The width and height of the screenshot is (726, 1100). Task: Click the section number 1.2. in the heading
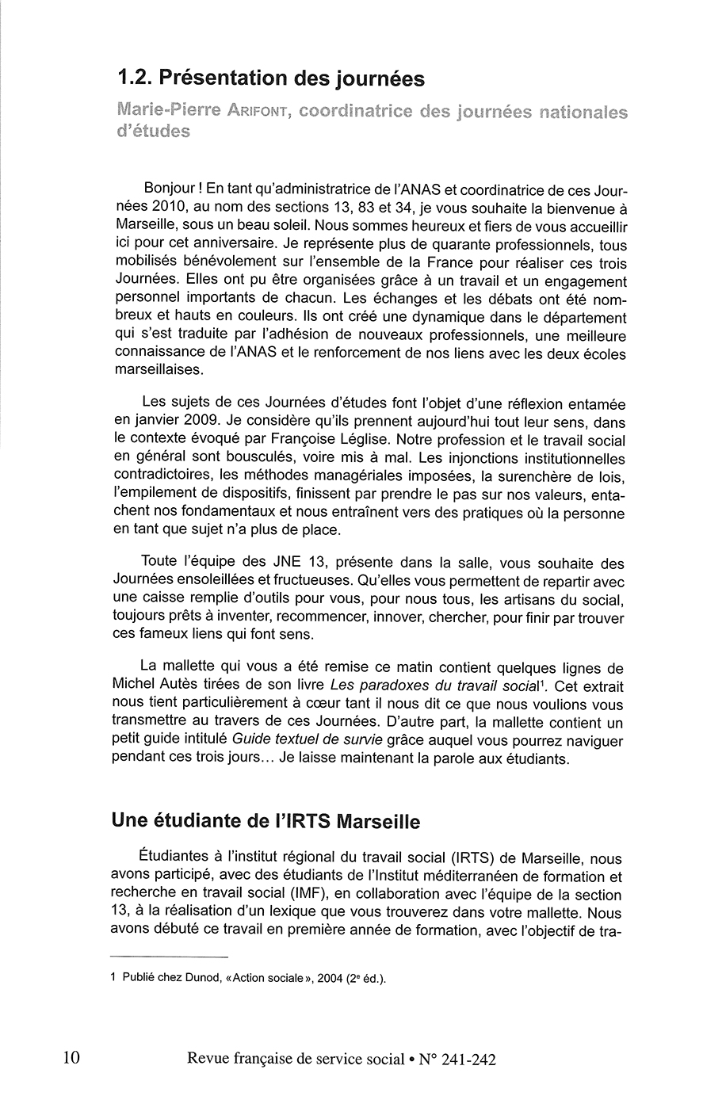135,78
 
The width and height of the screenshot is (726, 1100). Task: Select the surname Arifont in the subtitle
254,112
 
